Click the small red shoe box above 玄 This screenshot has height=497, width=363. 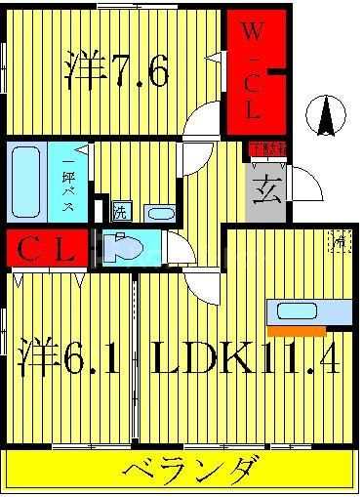click(266, 149)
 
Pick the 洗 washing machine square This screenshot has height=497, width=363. click(119, 213)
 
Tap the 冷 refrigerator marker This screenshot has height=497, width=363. click(339, 240)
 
